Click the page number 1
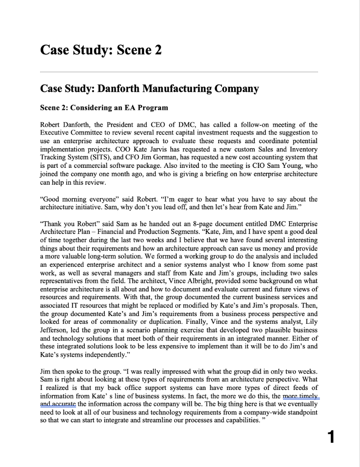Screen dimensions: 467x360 [x=331, y=437]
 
